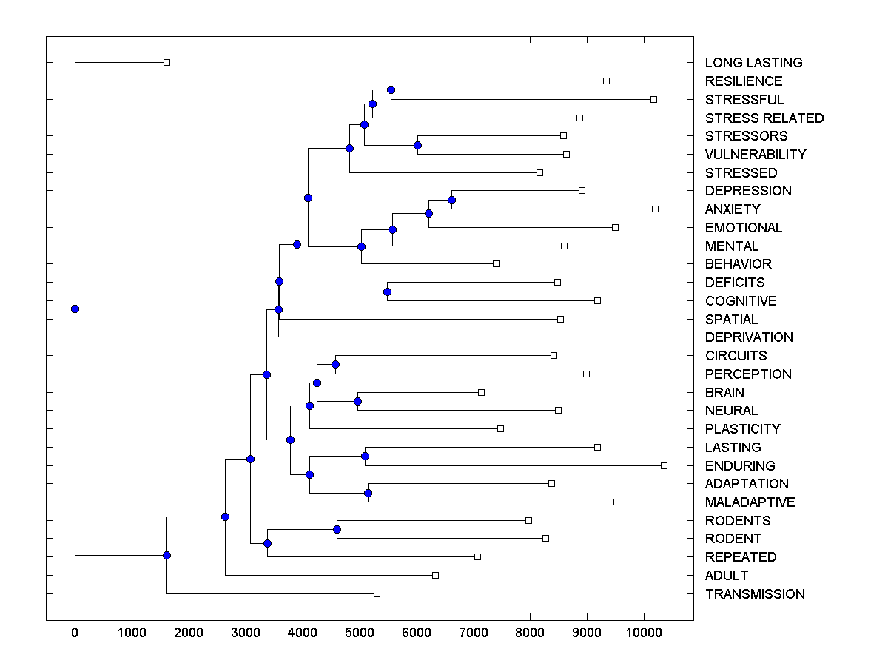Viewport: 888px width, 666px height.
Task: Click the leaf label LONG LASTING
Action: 753,63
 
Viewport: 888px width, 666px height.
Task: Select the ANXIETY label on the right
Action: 733,209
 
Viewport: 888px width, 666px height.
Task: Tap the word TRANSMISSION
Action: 755,594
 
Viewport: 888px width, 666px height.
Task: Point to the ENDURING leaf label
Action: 740,466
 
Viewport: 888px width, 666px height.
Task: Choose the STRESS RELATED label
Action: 764,118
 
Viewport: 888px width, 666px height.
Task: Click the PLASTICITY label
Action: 742,429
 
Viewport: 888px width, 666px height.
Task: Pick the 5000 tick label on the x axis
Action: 360,631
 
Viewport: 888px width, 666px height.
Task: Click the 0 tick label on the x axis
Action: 75,631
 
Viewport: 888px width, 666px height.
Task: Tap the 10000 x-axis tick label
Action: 644,631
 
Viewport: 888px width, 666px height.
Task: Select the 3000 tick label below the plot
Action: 246,631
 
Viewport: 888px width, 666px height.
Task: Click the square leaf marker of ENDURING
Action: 664,465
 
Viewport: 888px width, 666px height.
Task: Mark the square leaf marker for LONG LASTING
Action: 166,62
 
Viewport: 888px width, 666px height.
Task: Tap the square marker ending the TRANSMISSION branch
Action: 377,593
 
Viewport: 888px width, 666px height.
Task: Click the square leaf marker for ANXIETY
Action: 655,209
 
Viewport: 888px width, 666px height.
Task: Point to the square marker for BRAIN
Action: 481,392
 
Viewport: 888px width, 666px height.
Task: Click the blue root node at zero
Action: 75,309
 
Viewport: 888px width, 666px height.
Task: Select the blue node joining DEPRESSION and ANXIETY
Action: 451,200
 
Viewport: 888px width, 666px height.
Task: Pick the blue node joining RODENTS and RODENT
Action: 337,529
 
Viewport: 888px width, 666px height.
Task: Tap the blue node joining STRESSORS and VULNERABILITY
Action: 417,145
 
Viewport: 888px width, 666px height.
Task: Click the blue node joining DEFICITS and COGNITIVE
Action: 387,292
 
